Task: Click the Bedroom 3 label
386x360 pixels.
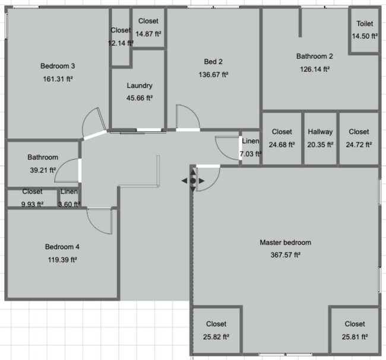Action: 57,66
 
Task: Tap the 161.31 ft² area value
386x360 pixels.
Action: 57,78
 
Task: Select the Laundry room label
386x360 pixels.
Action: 140,85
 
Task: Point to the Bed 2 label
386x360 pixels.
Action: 213,62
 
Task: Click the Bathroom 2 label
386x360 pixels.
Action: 315,56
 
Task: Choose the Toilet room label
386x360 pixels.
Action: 365,24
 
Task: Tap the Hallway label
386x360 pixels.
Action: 320,132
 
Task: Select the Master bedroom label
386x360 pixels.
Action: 285,242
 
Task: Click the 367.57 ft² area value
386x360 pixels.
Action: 285,255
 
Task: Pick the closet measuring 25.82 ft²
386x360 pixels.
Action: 216,330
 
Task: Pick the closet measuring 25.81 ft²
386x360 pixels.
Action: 355,330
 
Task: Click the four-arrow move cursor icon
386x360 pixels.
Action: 192,180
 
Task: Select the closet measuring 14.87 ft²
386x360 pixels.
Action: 148,27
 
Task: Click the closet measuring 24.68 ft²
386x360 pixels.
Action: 282,138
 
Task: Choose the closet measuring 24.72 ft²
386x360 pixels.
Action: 359,138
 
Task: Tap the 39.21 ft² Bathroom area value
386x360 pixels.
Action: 42,170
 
